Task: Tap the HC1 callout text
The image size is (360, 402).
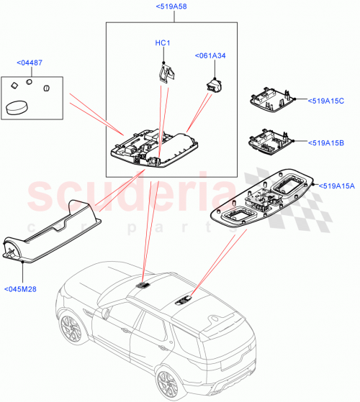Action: [x=163, y=43]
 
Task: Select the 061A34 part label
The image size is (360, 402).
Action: [x=210, y=55]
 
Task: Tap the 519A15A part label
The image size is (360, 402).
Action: [x=336, y=186]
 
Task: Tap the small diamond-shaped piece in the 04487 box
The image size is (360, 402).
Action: [x=14, y=85]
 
